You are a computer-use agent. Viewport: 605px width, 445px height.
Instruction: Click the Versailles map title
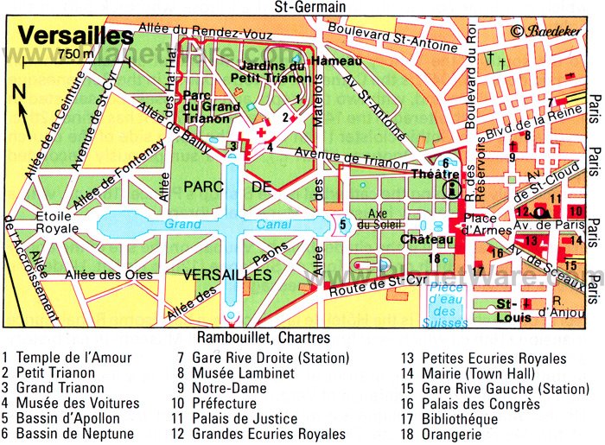[x=76, y=37]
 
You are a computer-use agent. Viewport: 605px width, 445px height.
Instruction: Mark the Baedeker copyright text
[x=553, y=31]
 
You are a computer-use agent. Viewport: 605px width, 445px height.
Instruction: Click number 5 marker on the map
[x=343, y=225]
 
